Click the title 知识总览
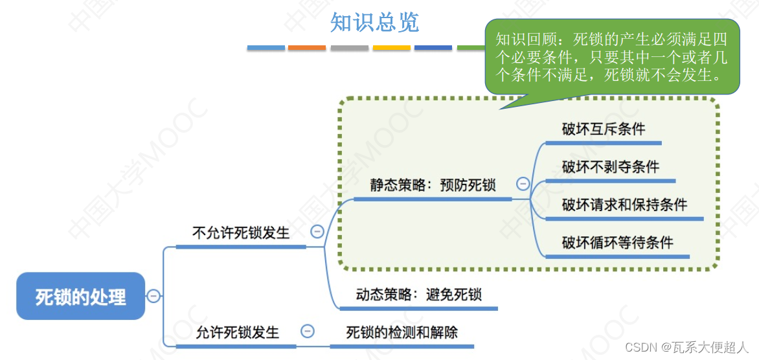tap(374, 23)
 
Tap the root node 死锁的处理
tap(81, 297)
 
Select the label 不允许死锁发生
tap(241, 232)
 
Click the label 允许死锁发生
tap(238, 332)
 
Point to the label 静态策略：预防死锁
tap(433, 185)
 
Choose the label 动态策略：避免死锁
tap(419, 295)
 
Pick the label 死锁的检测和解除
tap(402, 332)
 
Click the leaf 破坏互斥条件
tap(604, 129)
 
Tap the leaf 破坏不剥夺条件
tap(610, 167)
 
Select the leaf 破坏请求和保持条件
tap(624, 205)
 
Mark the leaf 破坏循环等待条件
tap(617, 243)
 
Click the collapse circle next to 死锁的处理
tap(153, 296)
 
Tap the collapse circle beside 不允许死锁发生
tap(317, 231)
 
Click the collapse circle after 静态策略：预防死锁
tap(523, 183)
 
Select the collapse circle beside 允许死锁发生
tap(308, 331)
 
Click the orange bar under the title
tap(307, 47)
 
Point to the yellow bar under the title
tap(391, 47)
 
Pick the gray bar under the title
tap(349, 47)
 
